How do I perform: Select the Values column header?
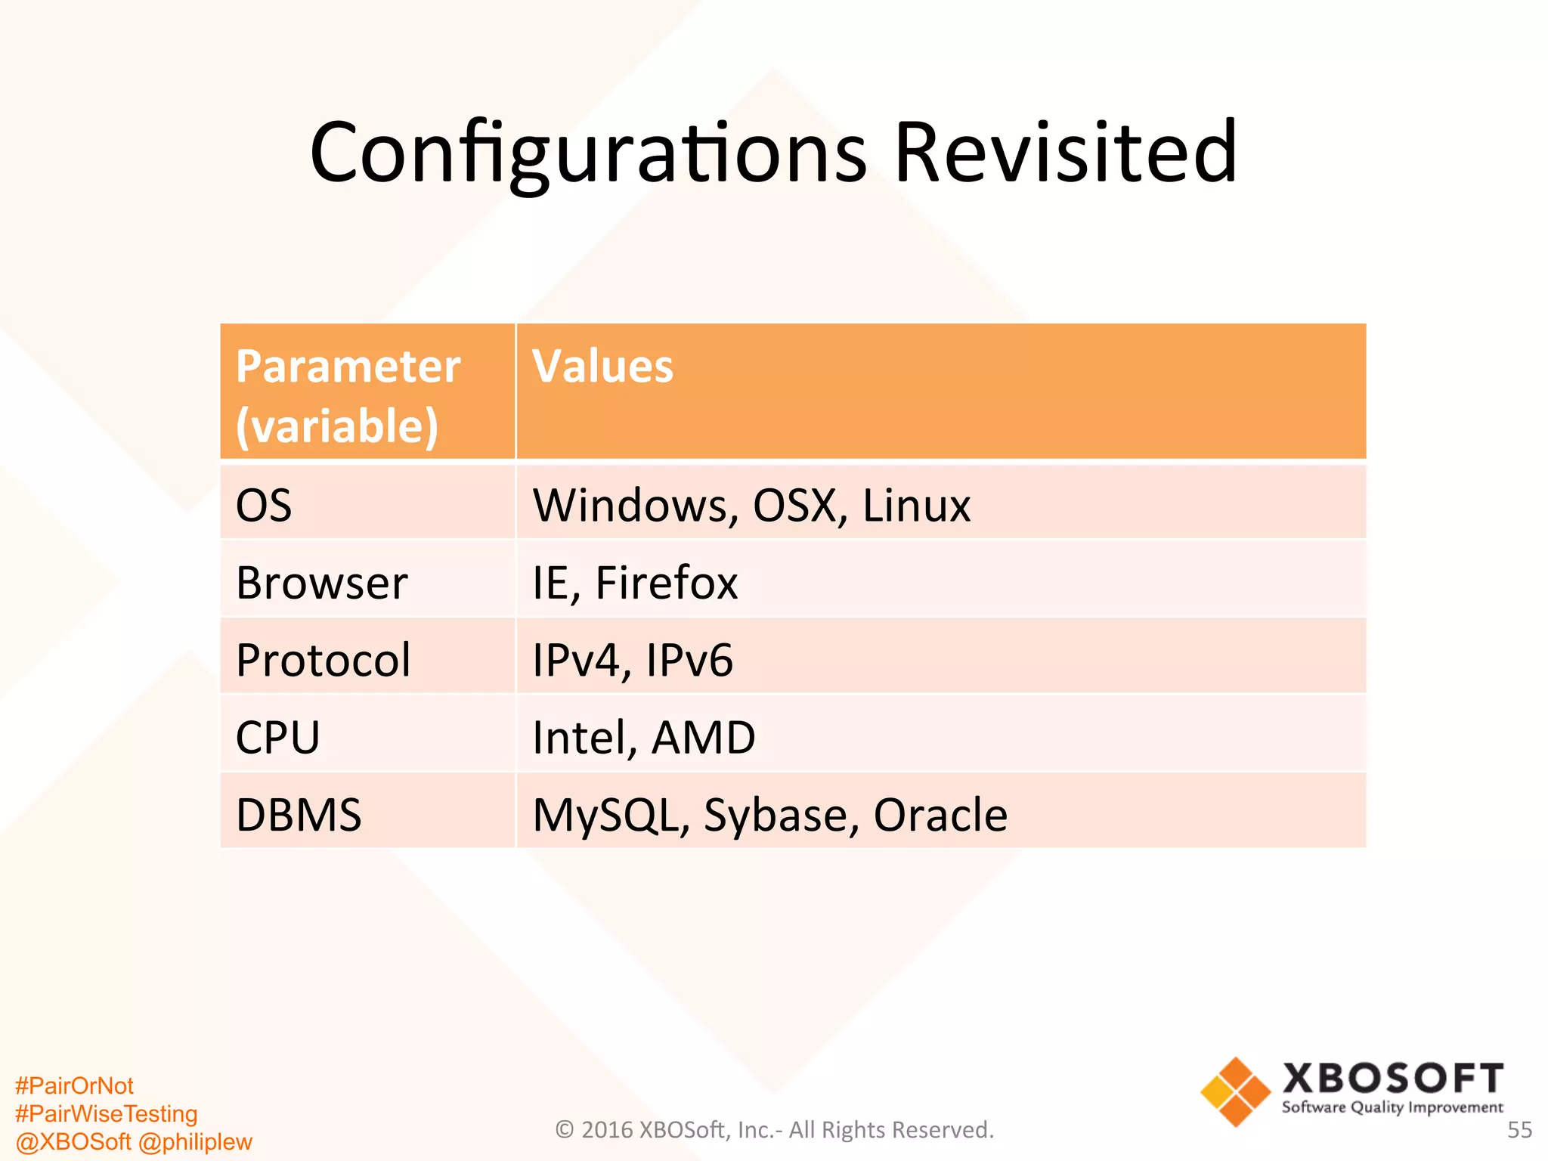(602, 367)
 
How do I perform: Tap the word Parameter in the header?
(348, 367)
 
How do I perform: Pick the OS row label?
(264, 505)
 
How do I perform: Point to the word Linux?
(916, 505)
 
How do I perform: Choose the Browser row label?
(322, 583)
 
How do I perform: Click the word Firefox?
(666, 583)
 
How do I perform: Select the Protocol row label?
(324, 660)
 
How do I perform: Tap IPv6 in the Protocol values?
(689, 660)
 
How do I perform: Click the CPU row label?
(277, 737)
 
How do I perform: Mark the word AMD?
(703, 737)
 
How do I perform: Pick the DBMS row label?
(299, 815)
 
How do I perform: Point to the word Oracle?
(940, 815)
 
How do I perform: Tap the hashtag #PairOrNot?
(74, 1085)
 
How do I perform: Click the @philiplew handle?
(195, 1141)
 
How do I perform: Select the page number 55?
(1519, 1130)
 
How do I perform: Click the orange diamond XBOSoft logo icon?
(1235, 1091)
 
